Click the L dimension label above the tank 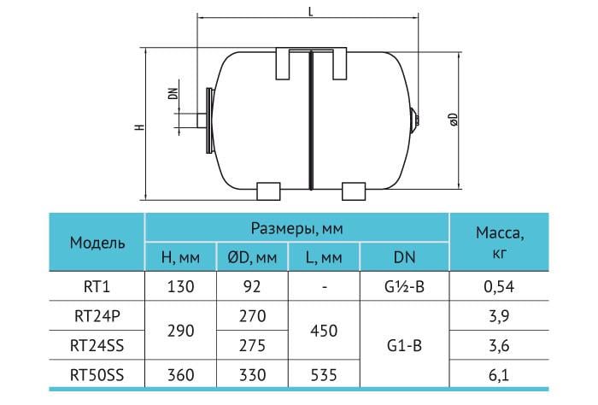tap(310, 12)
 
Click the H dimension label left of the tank tap(140, 126)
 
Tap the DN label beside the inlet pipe tap(173, 94)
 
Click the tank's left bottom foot tap(268, 191)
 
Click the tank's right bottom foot tap(354, 191)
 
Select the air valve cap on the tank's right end tap(415, 120)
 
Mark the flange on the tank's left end tap(208, 120)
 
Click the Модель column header tap(97, 242)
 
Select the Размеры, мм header tap(296, 228)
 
